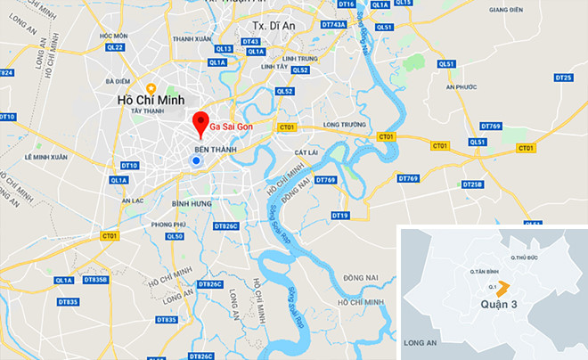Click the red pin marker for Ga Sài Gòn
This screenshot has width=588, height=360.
coord(201,123)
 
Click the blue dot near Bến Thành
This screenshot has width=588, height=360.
coord(195,160)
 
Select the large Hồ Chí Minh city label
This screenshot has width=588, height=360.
coord(150,102)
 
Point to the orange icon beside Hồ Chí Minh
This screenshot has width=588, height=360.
coord(151,87)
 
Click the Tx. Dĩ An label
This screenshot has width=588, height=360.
coord(274,27)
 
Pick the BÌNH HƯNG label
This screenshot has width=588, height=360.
coord(194,204)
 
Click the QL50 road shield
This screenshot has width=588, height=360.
coord(174,236)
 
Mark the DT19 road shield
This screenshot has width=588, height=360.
coord(339,216)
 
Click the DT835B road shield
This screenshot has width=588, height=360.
coord(94,280)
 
